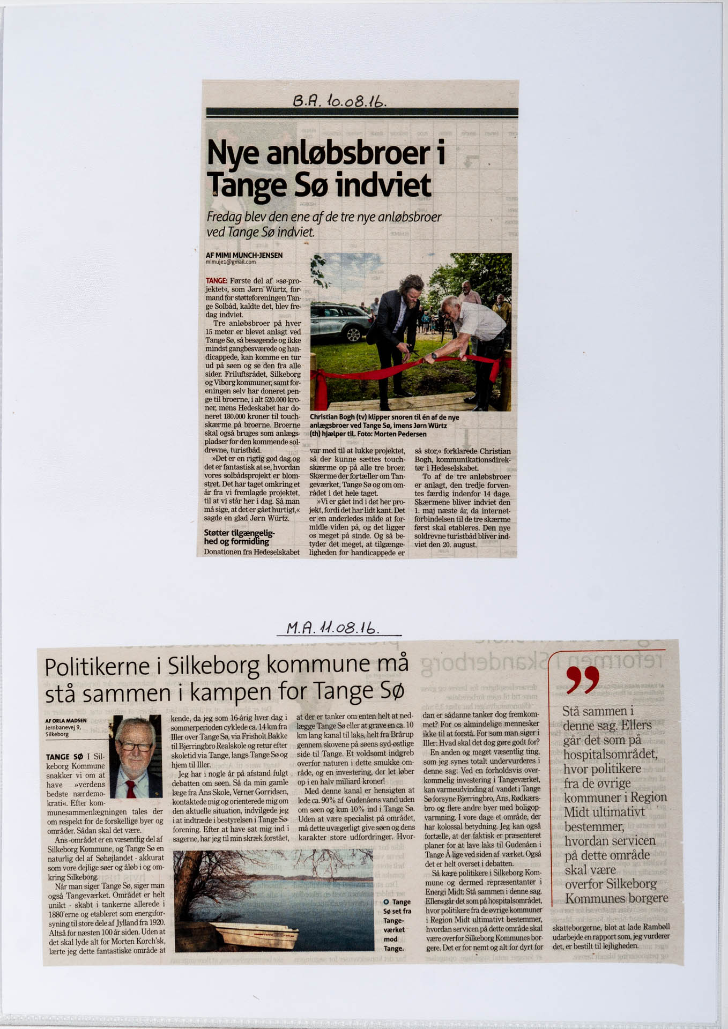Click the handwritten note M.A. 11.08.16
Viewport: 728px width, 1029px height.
point(333,628)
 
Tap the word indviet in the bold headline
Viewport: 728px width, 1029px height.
point(383,185)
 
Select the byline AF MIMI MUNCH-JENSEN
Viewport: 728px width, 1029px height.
point(244,255)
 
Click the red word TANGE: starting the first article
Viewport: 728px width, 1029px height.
point(216,281)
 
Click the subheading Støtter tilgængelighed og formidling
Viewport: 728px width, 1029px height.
point(239,537)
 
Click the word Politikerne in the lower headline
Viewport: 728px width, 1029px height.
point(97,667)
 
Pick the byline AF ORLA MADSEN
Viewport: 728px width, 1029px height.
point(66,721)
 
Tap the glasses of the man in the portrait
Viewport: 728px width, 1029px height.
point(136,745)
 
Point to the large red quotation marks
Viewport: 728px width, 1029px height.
point(582,680)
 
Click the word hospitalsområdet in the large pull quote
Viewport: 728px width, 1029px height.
point(610,754)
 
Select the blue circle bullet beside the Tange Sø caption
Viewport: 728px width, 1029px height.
point(386,902)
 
